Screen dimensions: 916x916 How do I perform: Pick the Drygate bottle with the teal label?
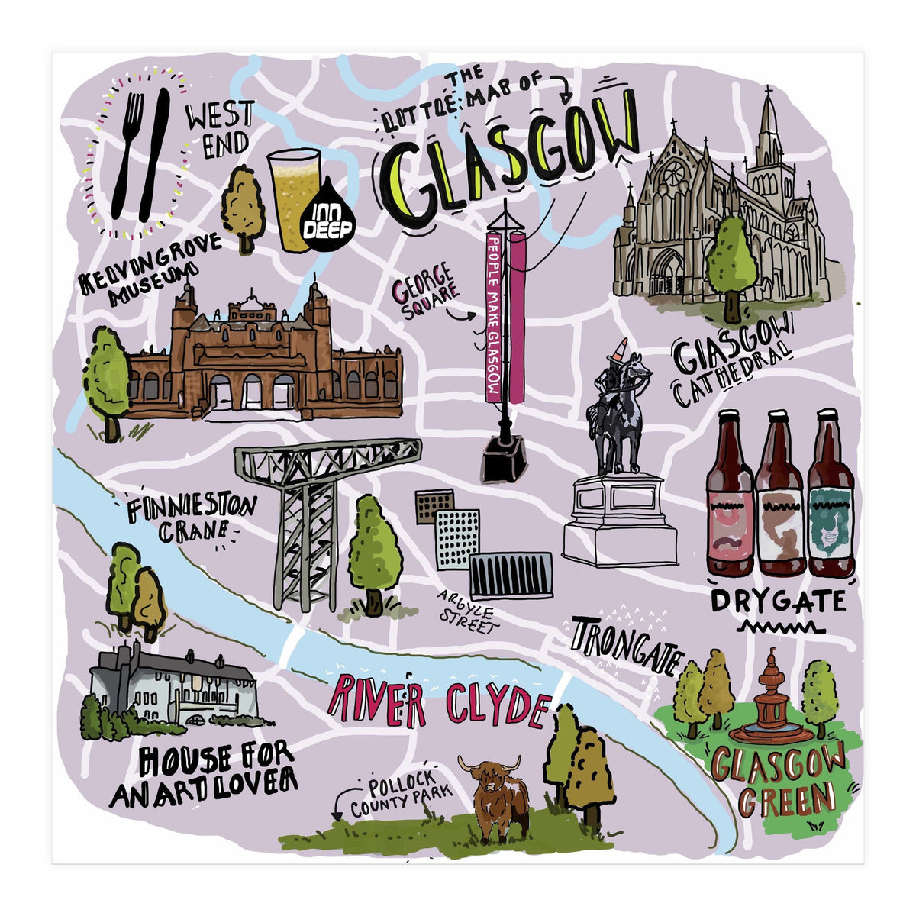[830, 496]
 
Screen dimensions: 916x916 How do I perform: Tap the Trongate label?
[624, 645]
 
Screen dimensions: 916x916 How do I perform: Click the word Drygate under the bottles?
[777, 602]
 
